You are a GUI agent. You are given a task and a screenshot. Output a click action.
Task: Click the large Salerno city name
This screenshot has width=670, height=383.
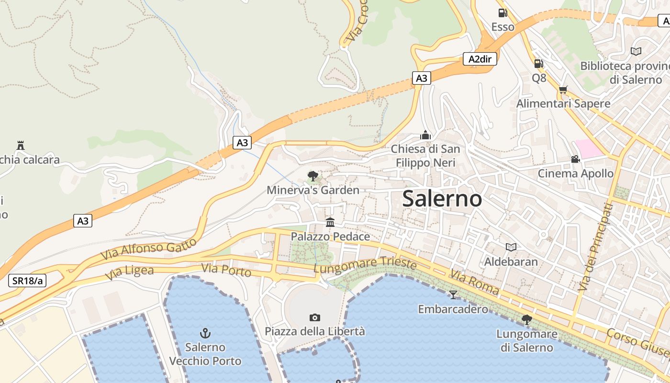[x=442, y=198]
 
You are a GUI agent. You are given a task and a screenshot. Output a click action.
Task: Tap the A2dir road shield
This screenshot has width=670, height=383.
[x=480, y=59]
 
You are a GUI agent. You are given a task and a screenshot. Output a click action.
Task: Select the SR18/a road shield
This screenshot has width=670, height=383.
[x=27, y=281]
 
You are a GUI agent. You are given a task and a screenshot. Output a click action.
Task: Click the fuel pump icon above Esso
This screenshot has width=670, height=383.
[x=502, y=13]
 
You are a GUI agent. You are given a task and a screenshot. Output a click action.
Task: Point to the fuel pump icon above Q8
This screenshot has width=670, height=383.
[x=538, y=64]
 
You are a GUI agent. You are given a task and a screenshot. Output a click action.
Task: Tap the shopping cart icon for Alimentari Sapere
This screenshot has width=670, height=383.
[x=563, y=90]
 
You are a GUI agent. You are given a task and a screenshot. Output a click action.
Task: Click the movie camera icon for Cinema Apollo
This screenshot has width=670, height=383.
[x=575, y=159]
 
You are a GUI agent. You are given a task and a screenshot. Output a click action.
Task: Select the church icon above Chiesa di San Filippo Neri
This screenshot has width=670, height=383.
[x=425, y=135]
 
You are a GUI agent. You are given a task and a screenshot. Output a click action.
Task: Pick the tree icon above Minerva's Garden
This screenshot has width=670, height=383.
[x=313, y=176]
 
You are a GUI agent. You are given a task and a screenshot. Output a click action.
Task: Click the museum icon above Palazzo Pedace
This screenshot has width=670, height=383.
[x=330, y=222]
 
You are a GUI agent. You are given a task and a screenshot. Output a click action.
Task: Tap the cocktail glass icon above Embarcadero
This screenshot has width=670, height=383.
[x=453, y=294]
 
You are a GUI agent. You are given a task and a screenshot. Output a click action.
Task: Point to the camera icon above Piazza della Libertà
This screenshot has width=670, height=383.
[x=314, y=317]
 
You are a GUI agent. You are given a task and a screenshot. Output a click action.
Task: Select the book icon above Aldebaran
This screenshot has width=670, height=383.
[x=511, y=247]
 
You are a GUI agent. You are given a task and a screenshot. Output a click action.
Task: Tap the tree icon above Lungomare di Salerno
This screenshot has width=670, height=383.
[x=527, y=319]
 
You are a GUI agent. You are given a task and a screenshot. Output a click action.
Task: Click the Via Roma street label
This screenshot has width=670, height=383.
[x=474, y=282]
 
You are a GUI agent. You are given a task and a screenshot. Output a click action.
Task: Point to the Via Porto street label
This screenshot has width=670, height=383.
[x=226, y=270]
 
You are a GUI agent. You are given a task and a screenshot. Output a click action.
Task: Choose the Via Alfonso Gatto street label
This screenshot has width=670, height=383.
[x=149, y=250]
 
